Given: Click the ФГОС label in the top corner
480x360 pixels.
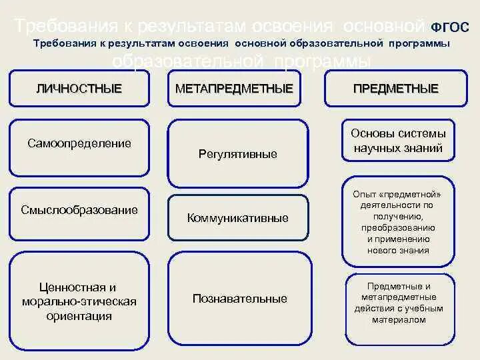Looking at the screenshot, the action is (x=451, y=27).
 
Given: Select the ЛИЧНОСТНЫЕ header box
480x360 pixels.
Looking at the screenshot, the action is (x=79, y=88).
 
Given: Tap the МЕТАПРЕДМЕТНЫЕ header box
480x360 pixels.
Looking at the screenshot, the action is (x=234, y=88).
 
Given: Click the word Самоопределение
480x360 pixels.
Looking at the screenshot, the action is (x=79, y=143).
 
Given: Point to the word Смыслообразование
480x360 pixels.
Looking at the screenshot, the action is (x=79, y=210).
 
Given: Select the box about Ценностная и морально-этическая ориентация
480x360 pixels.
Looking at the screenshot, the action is (x=79, y=301).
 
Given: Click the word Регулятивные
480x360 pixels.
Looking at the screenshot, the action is (x=238, y=154).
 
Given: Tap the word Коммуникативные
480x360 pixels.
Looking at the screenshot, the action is (x=238, y=218).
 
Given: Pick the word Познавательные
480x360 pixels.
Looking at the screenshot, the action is (x=240, y=299).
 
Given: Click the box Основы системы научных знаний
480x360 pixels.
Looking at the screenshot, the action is (x=398, y=141).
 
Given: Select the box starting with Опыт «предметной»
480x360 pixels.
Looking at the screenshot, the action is (x=398, y=222).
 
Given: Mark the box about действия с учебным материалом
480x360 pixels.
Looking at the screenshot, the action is (x=398, y=303).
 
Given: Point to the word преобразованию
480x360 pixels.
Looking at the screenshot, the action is (x=398, y=228).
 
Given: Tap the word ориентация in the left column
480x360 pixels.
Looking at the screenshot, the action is (x=79, y=316).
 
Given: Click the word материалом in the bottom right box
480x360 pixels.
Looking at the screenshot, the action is (x=398, y=320).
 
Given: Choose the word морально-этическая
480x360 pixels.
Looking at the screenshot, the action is (x=79, y=301).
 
